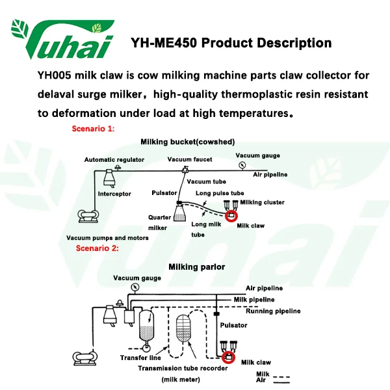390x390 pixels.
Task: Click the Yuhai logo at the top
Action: click(62, 40)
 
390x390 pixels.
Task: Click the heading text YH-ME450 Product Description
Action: click(231, 44)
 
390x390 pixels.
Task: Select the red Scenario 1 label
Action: click(93, 129)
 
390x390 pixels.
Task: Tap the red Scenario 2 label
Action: click(97, 248)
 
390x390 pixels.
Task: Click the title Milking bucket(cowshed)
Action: click(188, 142)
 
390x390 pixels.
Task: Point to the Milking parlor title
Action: click(197, 266)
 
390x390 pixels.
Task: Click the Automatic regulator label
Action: click(114, 160)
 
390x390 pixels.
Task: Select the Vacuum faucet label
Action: click(189, 160)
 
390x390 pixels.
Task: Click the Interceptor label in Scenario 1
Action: click(114, 194)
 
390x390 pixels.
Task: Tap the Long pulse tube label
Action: click(220, 193)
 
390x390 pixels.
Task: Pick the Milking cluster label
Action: click(262, 202)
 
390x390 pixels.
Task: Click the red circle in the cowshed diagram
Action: click(231, 216)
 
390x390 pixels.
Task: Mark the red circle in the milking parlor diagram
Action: click(228, 356)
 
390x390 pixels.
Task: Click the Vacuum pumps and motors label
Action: click(107, 238)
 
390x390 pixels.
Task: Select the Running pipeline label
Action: click(273, 311)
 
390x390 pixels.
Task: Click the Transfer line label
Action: click(140, 357)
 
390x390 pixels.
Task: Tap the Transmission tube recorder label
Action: click(183, 368)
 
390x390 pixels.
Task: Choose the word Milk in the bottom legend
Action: click(263, 374)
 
